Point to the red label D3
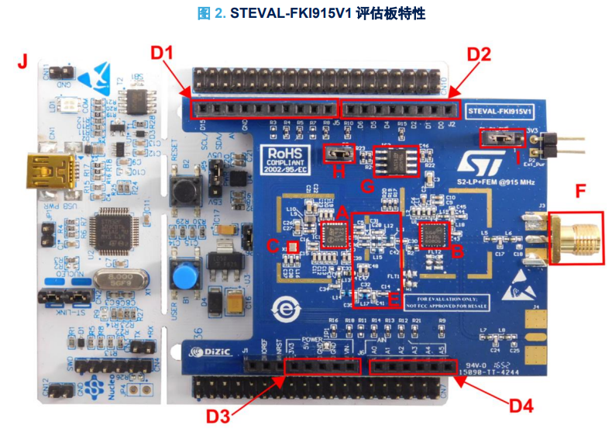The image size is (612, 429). coord(220,415)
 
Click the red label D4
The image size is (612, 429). coord(521,405)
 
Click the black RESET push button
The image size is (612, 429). coord(184,191)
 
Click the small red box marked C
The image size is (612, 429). coord(293,246)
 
